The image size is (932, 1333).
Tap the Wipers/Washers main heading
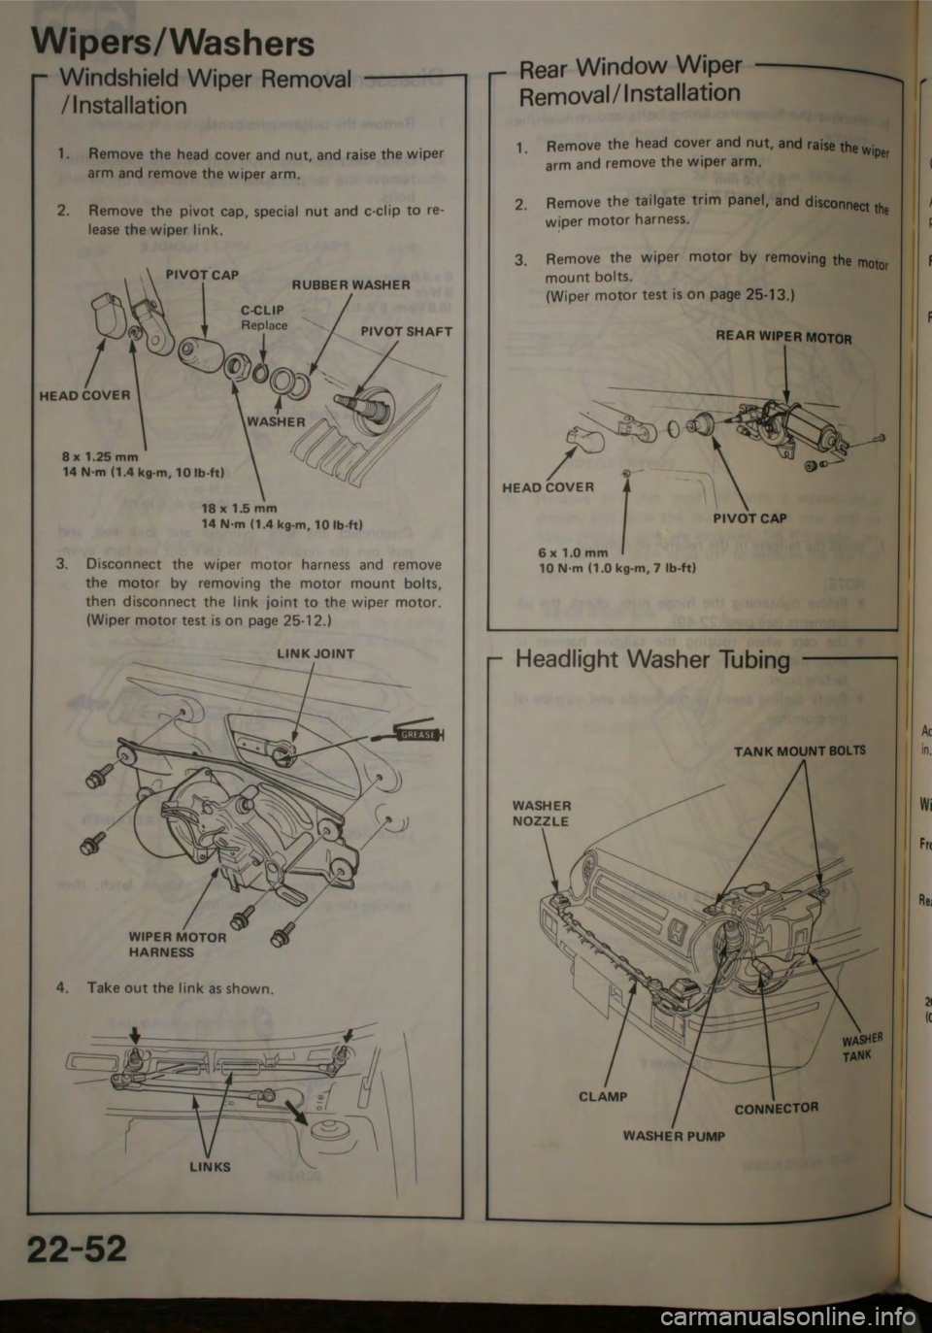(174, 42)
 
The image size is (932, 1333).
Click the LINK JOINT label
(316, 653)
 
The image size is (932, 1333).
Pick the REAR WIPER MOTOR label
(784, 339)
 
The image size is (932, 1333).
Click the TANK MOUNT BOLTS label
(801, 750)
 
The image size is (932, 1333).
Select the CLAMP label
(603, 1096)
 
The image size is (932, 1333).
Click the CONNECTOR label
(777, 1107)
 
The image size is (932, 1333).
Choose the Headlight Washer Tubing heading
(652, 660)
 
